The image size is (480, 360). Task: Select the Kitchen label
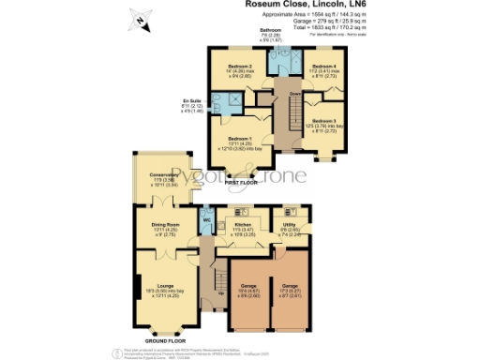242,225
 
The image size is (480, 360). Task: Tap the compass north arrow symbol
140,19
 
